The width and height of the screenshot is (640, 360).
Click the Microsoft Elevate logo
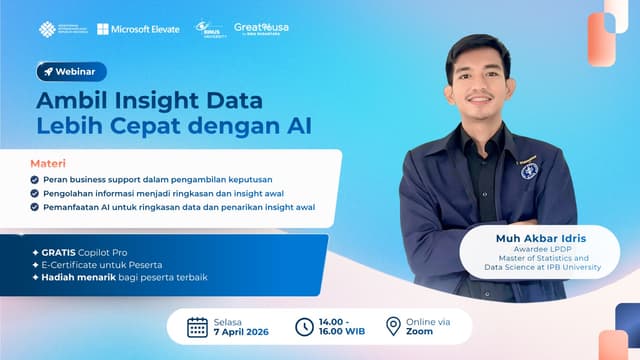[139, 29]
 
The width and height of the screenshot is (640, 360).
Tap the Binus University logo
[209, 29]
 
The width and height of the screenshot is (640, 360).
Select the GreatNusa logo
[261, 29]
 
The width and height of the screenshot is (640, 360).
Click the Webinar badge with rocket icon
[71, 71]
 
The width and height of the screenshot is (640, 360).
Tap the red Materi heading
[43, 161]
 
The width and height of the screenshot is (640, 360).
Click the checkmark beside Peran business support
[35, 178]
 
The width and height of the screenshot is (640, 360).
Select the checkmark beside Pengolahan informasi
[35, 192]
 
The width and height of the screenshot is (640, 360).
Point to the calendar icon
[198, 326]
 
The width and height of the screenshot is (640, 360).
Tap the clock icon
[304, 326]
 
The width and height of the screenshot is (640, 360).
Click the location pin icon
[393, 326]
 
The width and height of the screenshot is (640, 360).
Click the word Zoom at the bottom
[420, 331]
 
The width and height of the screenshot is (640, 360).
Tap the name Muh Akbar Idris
[542, 239]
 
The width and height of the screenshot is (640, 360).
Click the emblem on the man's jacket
[530, 170]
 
